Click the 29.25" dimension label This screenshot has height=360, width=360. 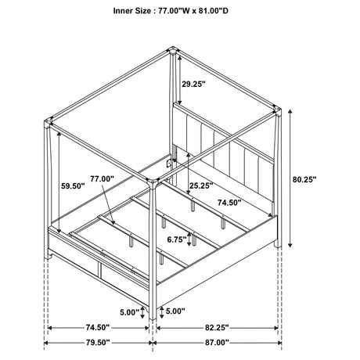pos(193,84)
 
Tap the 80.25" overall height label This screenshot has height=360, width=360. pos(304,179)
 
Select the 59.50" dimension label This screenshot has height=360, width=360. pos(73,186)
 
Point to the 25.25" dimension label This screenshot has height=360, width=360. pos(201,185)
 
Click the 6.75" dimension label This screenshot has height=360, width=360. pos(177,239)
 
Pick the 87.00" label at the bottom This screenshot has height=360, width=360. pos(217,343)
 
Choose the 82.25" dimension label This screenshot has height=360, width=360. pos(217,327)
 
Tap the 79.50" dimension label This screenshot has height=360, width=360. pos(98,343)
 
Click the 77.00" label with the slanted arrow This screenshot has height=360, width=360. pos(103,179)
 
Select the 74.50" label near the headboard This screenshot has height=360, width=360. pos(229,203)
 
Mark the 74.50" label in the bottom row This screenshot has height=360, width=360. pos(98,327)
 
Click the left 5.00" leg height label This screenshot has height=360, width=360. pos(130,312)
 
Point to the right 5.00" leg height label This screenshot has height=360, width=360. pos(175,311)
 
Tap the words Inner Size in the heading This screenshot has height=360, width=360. pos(132,11)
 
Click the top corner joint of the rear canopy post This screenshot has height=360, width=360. pos(172,50)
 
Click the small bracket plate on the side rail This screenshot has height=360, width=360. pos(169,164)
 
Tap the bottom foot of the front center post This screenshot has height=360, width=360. pos(153,317)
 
